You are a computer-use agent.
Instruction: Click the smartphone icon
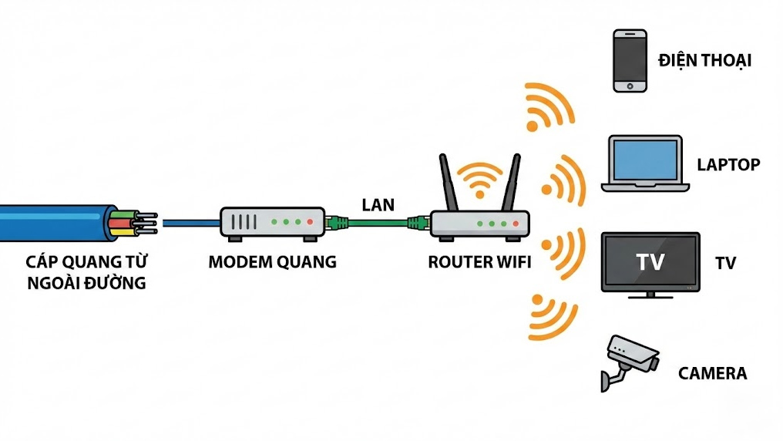pos(629,61)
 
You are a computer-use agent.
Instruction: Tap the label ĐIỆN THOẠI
pos(704,61)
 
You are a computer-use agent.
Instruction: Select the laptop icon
pos(644,163)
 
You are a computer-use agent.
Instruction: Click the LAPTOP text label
pos(728,164)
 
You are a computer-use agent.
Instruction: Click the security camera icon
pos(630,359)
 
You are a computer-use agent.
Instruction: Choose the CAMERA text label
pos(712,374)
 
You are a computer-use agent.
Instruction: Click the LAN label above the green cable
pos(378,205)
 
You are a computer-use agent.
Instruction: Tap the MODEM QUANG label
pos(272,262)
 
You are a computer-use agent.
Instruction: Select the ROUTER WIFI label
pos(479,262)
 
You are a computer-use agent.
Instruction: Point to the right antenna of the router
pos(510,183)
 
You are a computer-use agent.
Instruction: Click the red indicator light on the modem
pos(310,222)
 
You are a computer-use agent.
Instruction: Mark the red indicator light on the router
pos(517,224)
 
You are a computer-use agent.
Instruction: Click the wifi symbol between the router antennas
pos(479,179)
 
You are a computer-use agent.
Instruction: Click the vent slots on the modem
pos(244,222)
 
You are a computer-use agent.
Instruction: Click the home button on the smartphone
pos(629,84)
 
